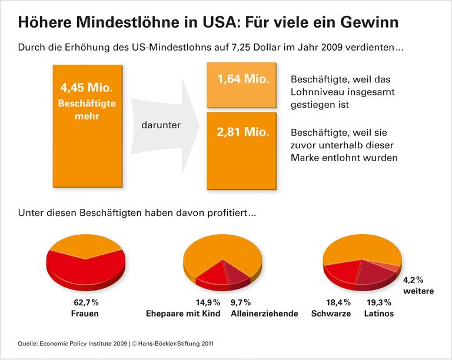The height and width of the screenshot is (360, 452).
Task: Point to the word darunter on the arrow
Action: pyautogui.click(x=160, y=125)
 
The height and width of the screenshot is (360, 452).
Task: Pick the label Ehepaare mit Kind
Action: pyautogui.click(x=183, y=314)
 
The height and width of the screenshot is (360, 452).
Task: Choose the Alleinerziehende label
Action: pyautogui.click(x=265, y=314)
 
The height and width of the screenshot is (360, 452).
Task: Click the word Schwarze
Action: pyautogui.click(x=331, y=314)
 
